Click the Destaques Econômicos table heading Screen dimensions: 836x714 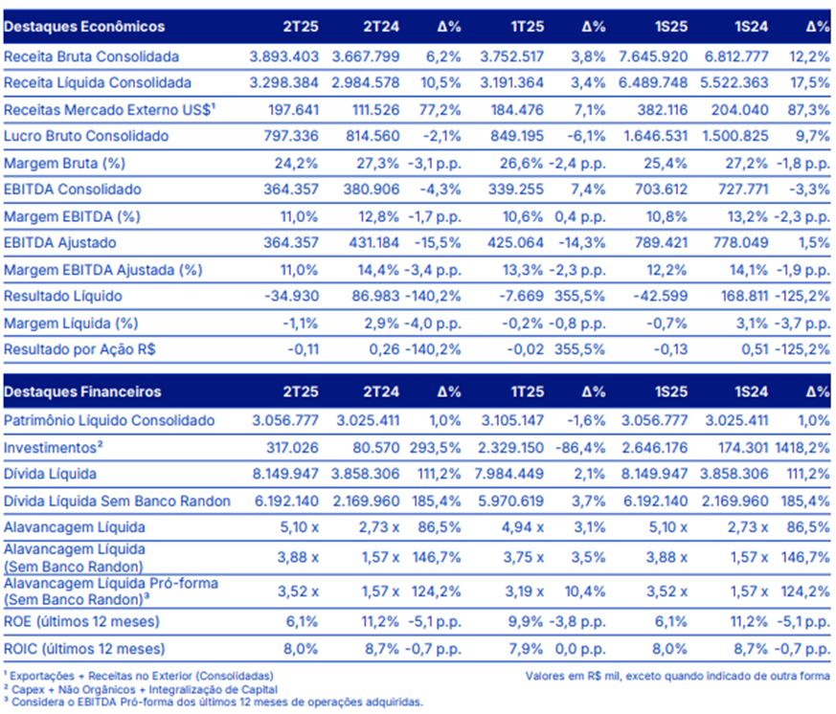(x=84, y=27)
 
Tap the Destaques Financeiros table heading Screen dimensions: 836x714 (x=82, y=391)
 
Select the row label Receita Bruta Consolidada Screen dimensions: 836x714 (x=91, y=56)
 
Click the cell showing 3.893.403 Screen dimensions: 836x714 (x=284, y=56)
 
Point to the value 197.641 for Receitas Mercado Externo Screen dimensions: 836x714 (x=293, y=110)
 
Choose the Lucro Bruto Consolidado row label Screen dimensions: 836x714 (x=86, y=136)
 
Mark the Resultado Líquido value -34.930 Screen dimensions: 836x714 (x=292, y=296)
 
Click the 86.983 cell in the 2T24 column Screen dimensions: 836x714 (x=375, y=296)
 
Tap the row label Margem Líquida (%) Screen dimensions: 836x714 (x=71, y=323)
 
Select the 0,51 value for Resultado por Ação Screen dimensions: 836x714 (x=755, y=349)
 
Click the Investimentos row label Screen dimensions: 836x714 (x=54, y=448)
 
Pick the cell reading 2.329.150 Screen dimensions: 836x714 (x=510, y=448)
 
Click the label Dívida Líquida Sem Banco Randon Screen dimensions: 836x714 (x=117, y=501)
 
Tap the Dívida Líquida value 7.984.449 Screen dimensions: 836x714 (x=509, y=474)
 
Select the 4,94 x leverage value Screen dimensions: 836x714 (x=523, y=527)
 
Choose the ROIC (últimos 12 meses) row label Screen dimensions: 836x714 (x=84, y=649)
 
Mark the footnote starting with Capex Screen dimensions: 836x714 (x=141, y=689)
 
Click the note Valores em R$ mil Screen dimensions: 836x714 (x=678, y=676)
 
